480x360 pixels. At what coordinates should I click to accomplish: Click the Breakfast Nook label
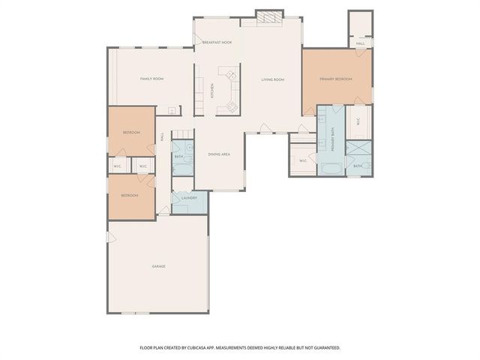click(217, 43)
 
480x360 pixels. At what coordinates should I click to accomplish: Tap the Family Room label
click(152, 79)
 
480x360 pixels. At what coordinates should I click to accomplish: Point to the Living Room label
click(273, 79)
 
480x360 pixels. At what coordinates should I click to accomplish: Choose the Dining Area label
click(219, 154)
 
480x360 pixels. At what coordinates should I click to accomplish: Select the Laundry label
click(189, 198)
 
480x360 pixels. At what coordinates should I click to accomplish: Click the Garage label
click(158, 266)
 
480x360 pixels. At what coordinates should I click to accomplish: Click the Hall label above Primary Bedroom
click(361, 43)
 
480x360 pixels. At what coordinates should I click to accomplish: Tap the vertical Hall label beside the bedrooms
click(163, 137)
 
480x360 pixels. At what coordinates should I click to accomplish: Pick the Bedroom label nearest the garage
click(130, 196)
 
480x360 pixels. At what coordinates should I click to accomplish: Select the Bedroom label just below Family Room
click(131, 132)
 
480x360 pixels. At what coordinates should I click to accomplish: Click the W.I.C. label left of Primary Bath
click(303, 160)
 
